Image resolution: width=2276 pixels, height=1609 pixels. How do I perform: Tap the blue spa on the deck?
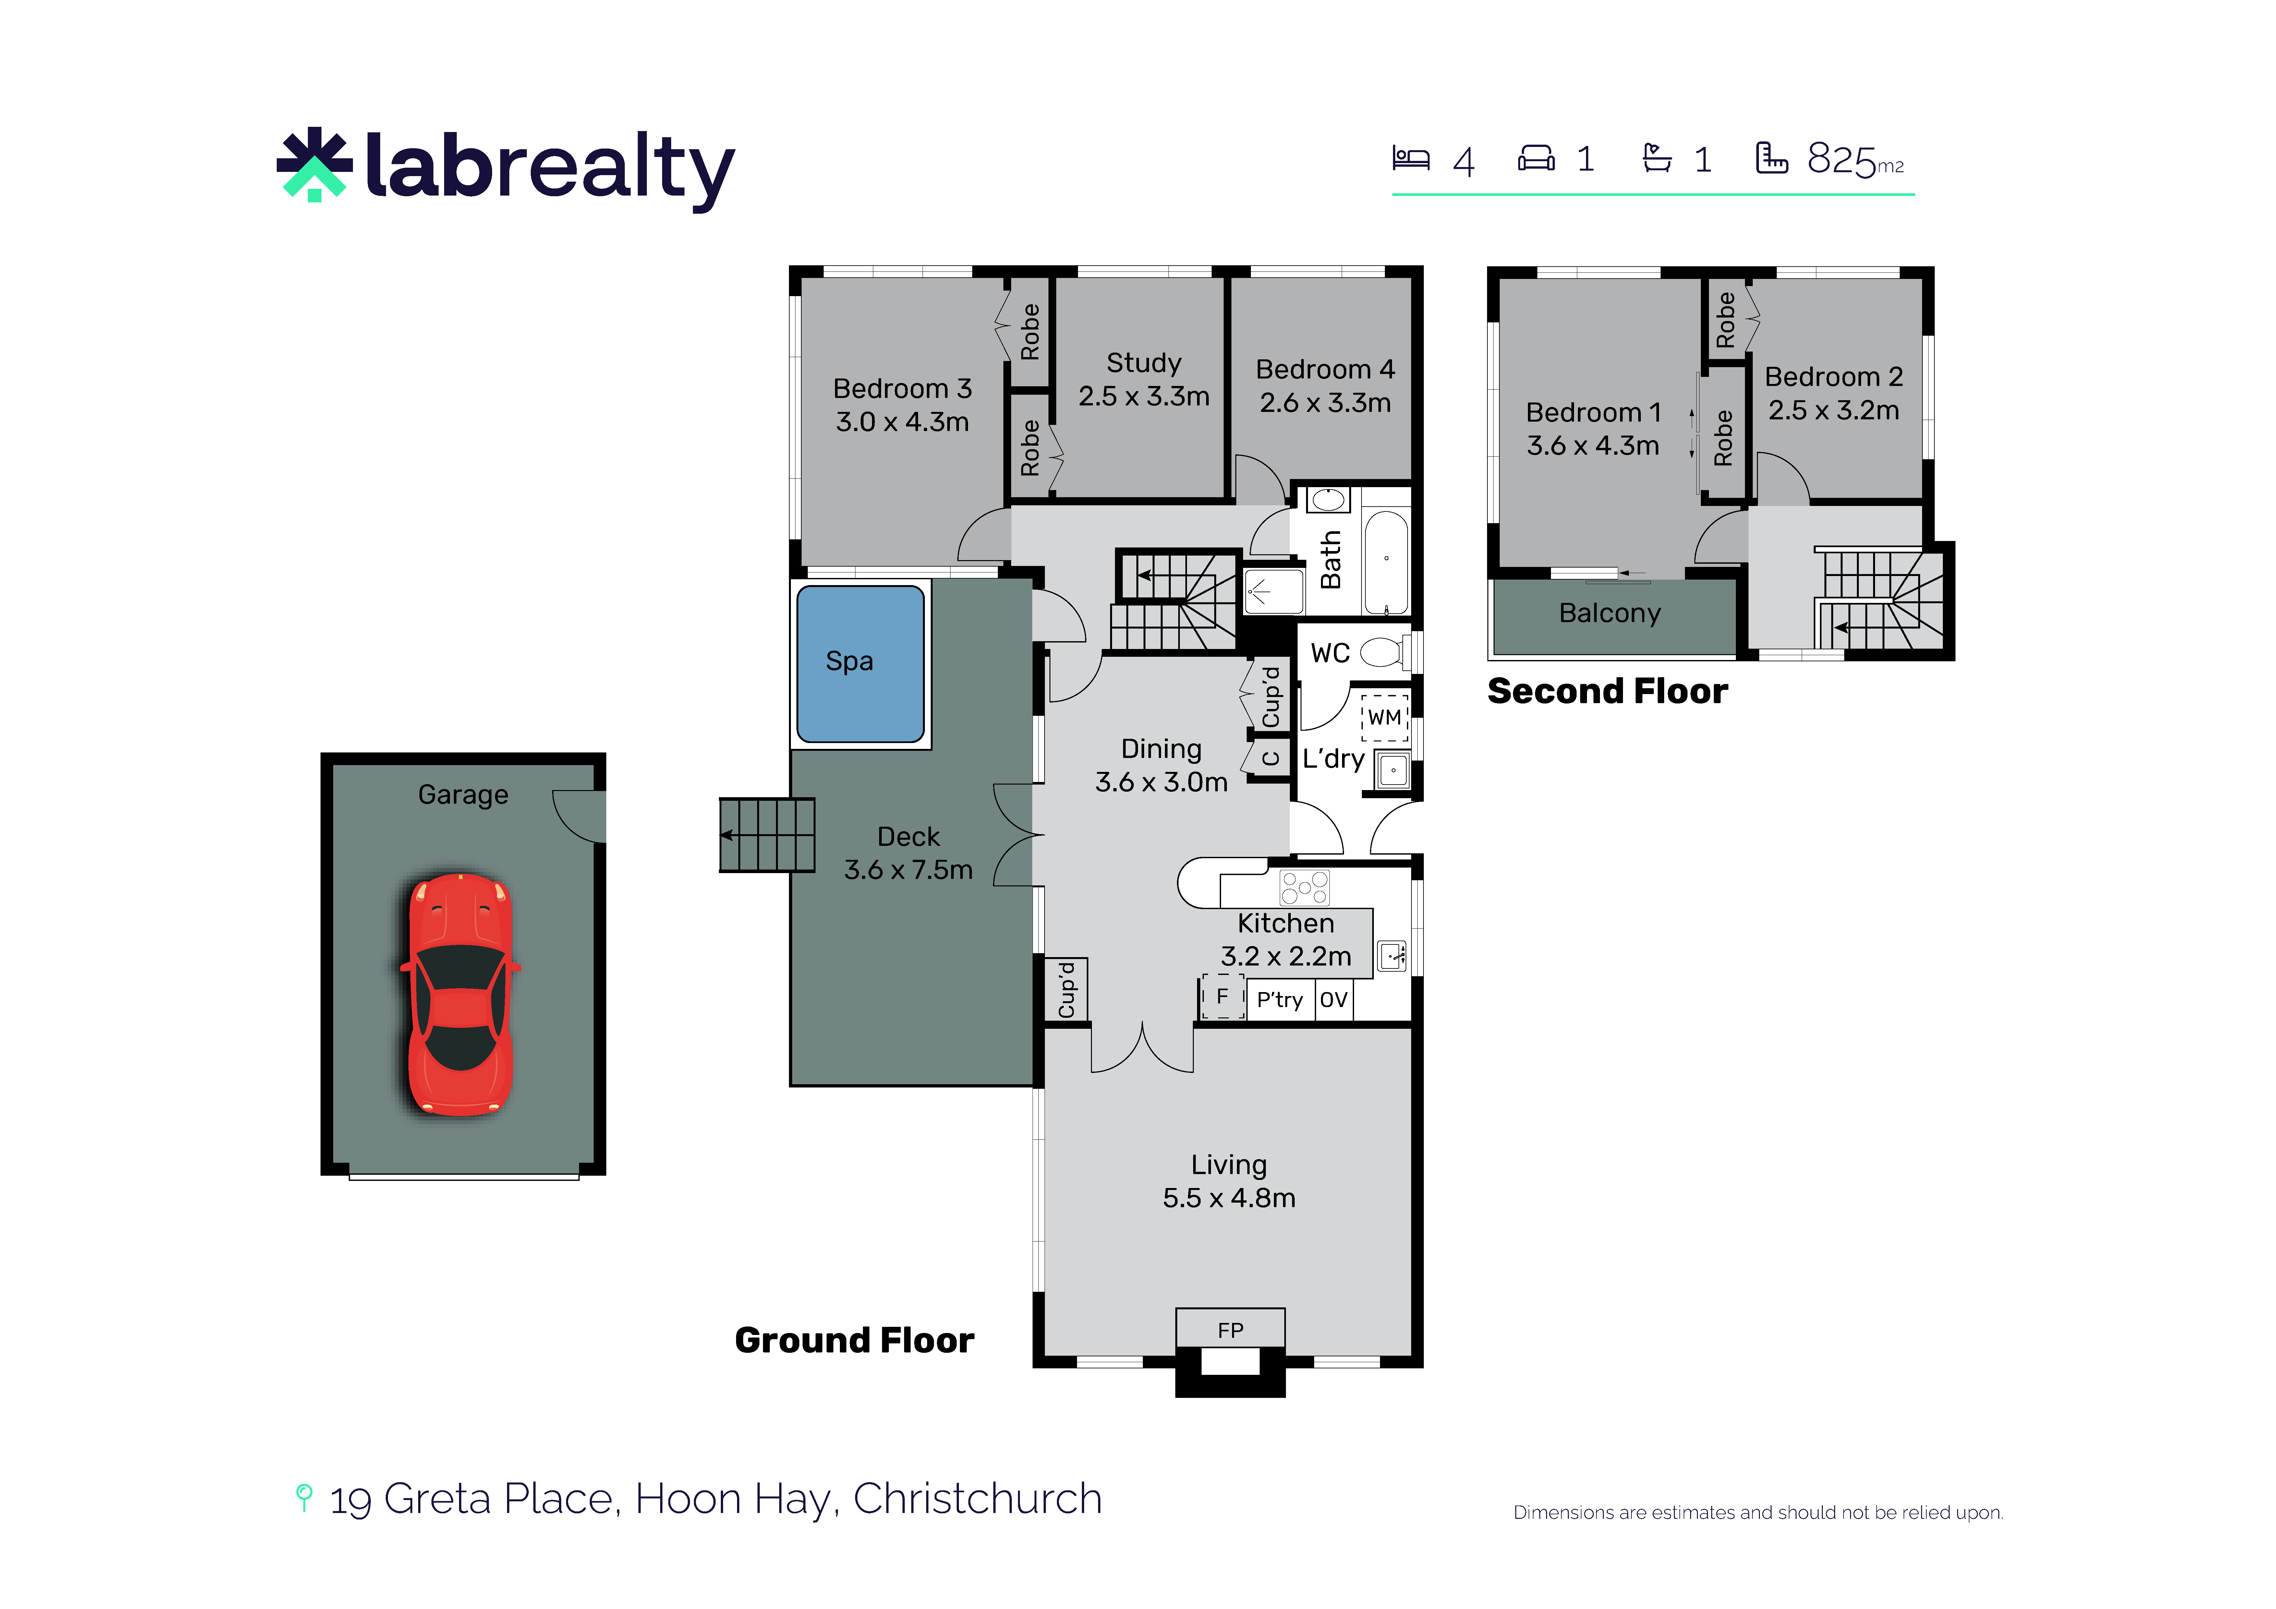coord(860,663)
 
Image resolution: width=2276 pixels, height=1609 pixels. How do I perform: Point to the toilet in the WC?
coord(1385,652)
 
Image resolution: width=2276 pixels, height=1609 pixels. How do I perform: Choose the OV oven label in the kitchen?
coord(1333,999)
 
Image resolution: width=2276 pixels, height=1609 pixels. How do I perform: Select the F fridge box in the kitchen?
coord(1222,996)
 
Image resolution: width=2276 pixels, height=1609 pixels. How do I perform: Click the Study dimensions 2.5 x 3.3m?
coord(1144,397)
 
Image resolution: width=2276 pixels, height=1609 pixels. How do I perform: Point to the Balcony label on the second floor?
coord(1609,614)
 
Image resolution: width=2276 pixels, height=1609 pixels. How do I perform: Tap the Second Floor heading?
coord(1607,691)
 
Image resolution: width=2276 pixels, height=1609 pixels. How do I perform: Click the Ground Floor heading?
coord(854,1340)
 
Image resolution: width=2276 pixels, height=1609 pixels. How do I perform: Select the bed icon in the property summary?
coord(1410,159)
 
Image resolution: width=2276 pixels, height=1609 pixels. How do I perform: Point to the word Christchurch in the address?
coord(977,1499)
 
